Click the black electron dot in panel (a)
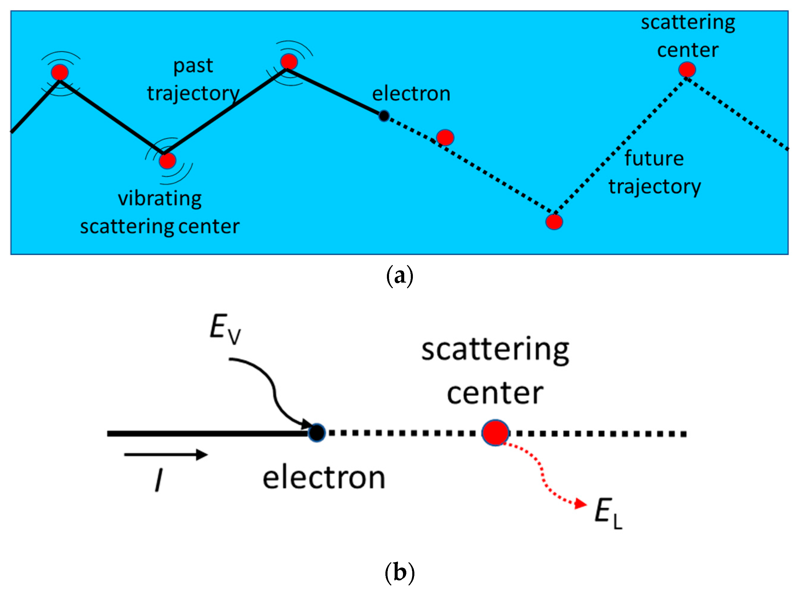tap(384, 116)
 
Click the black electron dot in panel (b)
tap(317, 433)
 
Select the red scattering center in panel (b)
tap(495, 432)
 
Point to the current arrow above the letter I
tap(166, 455)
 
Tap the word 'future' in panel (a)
tap(654, 159)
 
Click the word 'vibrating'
tap(159, 199)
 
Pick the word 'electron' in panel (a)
tap(411, 94)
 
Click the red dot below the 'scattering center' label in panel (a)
tap(687, 70)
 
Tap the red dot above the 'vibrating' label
tap(167, 161)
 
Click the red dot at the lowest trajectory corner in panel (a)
tap(554, 222)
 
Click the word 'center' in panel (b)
tap(495, 393)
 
